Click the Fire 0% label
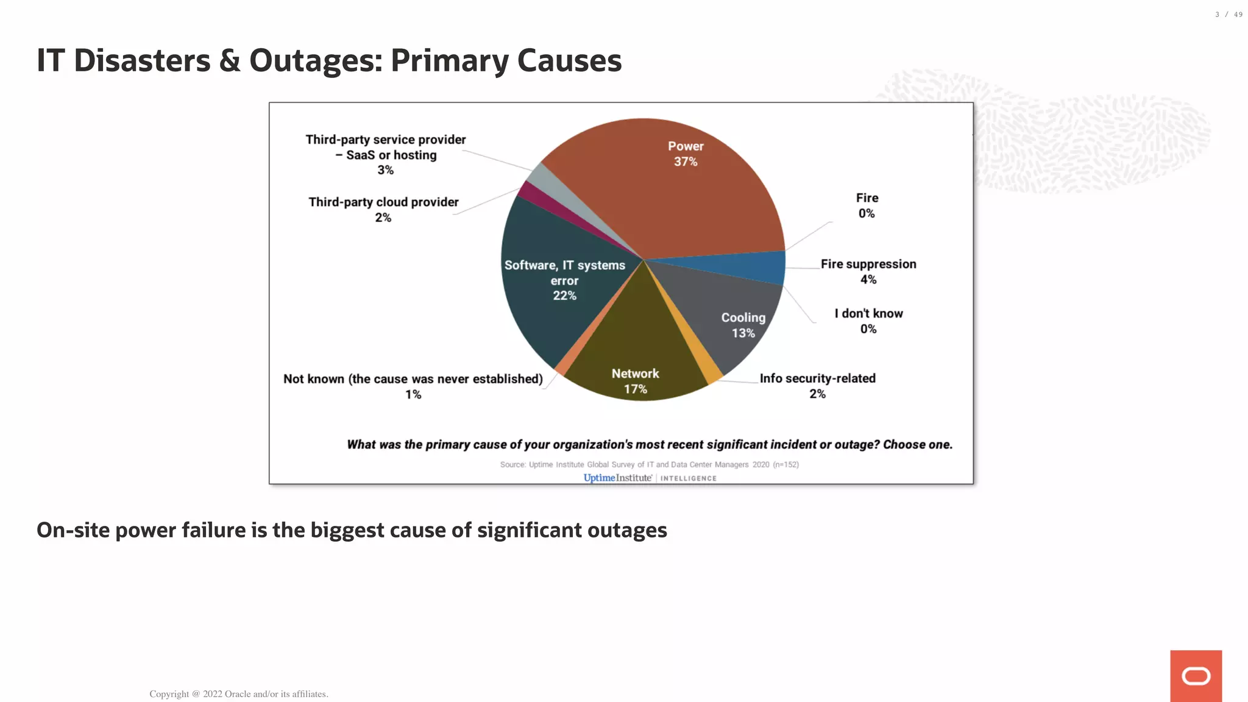[867, 205]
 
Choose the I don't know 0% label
[868, 321]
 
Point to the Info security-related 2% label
[817, 386]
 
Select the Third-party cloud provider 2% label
[383, 209]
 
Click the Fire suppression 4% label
[868, 271]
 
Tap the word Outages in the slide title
[316, 61]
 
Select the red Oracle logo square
[1196, 676]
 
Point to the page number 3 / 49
[1228, 15]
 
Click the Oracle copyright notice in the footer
[239, 693]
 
